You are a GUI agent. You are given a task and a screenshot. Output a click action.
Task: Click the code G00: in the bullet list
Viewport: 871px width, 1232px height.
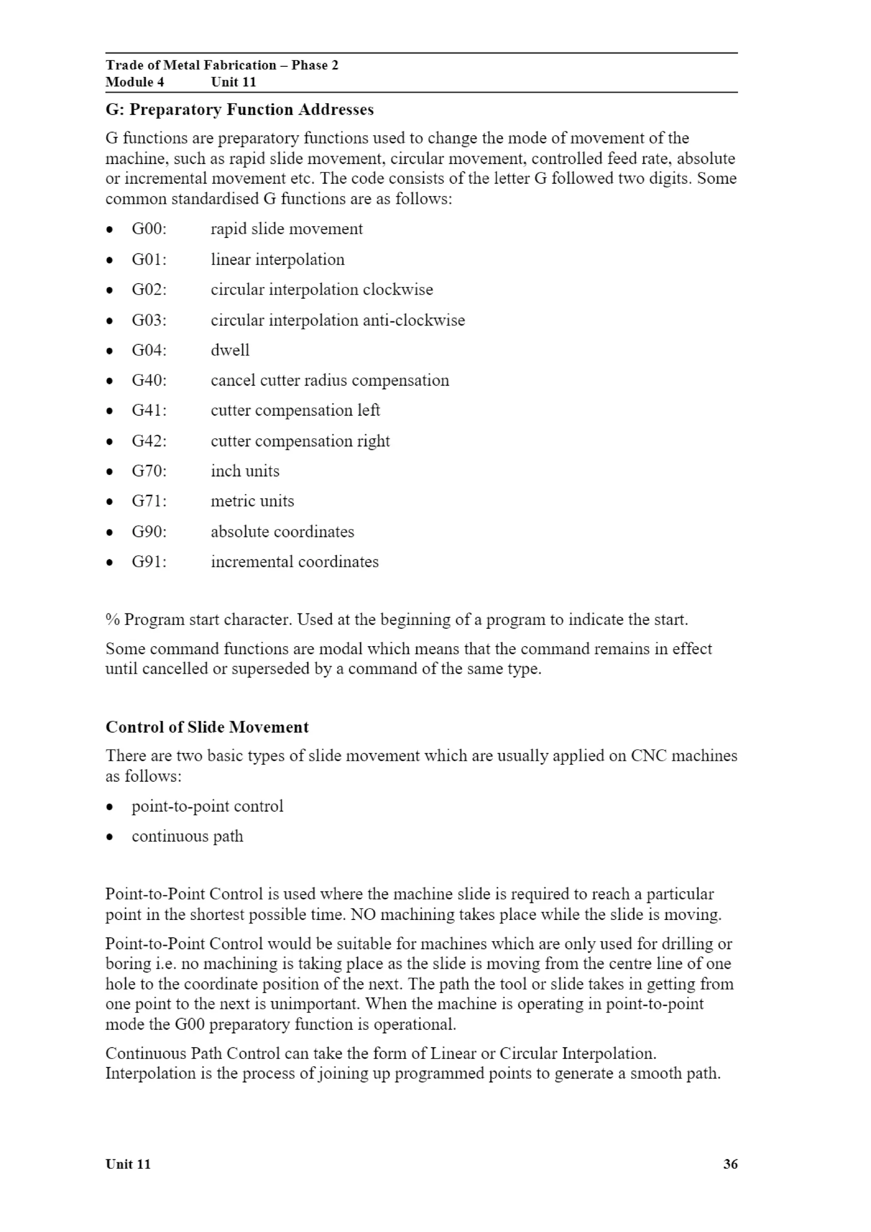149,229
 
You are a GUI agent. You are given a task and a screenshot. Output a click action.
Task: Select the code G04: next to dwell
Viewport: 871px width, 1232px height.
149,350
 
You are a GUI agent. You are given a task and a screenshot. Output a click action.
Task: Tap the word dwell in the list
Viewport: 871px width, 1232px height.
230,350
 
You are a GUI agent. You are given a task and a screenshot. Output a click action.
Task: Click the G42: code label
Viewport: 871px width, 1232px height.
149,441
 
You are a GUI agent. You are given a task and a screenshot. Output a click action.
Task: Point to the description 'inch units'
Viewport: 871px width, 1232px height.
245,471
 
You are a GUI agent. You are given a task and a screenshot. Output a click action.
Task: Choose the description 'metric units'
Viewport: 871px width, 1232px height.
252,501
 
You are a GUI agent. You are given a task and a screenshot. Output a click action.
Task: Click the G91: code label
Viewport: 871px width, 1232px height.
149,562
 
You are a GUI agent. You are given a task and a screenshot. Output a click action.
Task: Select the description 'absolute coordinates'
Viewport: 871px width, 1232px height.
282,532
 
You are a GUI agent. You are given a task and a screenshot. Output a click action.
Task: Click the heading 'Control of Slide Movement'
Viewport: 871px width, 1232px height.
207,727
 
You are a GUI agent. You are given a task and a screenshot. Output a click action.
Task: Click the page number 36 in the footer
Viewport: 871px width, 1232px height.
730,1164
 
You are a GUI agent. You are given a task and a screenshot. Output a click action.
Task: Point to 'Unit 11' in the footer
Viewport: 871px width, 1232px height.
128,1164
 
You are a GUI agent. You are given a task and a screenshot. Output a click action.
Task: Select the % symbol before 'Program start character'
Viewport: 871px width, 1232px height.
112,620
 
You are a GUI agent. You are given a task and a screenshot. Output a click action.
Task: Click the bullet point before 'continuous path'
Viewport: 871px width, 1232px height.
109,837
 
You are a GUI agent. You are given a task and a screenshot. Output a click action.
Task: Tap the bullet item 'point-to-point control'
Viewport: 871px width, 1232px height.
207,806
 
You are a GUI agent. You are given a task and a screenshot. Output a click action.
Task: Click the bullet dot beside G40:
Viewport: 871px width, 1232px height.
109,381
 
